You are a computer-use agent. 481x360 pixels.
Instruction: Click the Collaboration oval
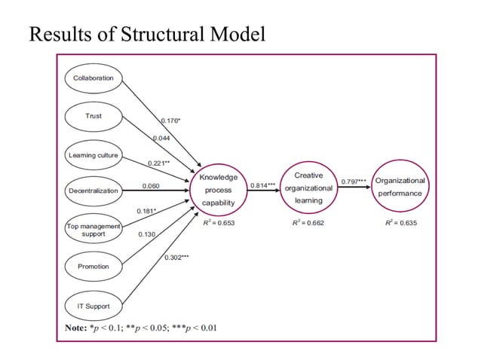[93, 78]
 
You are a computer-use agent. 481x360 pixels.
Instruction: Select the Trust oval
[93, 116]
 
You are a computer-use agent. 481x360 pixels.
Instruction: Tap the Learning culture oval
[93, 155]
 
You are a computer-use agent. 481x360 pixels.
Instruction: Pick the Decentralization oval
[93, 191]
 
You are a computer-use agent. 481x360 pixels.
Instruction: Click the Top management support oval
[93, 229]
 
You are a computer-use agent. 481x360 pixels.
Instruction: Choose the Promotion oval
[93, 267]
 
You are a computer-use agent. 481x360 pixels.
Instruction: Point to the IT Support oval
[93, 306]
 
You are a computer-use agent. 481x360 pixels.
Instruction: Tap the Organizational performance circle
[400, 187]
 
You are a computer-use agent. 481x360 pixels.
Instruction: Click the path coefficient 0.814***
[262, 185]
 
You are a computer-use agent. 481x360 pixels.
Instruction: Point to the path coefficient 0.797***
[354, 182]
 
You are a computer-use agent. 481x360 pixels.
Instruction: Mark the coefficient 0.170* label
[171, 119]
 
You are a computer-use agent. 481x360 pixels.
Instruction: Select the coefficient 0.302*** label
[176, 258]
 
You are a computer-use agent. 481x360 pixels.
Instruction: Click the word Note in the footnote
[75, 328]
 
